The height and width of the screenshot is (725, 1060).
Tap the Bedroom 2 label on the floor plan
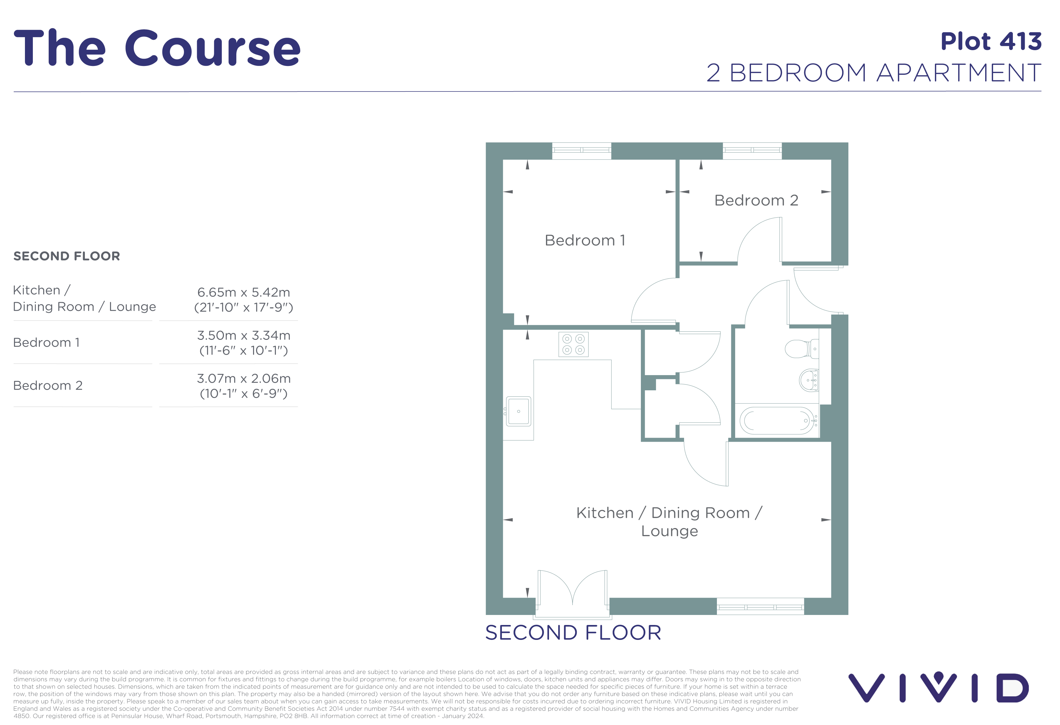tap(756, 200)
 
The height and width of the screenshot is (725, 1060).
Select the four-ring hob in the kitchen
tap(573, 344)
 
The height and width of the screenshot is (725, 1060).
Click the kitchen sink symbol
tap(519, 411)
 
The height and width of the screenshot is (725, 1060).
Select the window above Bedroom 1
tap(582, 150)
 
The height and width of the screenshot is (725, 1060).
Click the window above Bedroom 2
tap(752, 150)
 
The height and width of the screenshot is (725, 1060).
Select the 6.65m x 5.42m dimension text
tap(244, 292)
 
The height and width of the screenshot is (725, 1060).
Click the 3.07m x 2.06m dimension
tap(244, 378)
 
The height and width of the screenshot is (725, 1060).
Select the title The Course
tap(157, 48)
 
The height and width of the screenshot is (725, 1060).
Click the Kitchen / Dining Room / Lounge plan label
tap(669, 522)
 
